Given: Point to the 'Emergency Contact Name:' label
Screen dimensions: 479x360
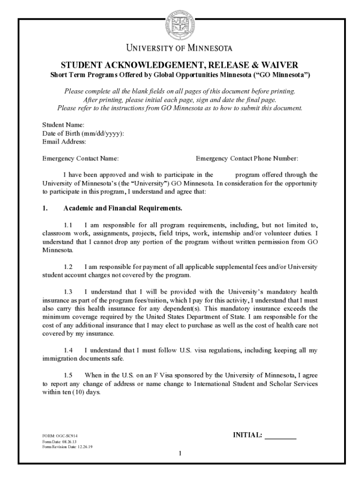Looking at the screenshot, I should [80, 159].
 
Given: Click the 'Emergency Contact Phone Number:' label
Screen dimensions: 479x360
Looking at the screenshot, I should [247, 159].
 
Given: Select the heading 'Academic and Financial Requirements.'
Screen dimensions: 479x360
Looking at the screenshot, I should [123, 208].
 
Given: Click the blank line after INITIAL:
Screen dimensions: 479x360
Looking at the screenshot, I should [281, 437].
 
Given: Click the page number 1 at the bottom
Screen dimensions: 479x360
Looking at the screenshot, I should [180, 454].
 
